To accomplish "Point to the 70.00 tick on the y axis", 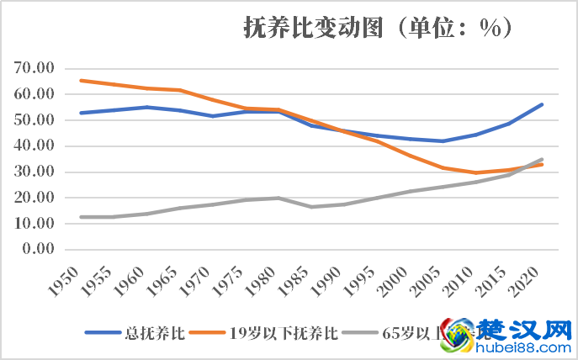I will coord(34,68).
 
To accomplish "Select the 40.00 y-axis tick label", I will coord(34,146).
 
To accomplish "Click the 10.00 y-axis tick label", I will coord(34,224).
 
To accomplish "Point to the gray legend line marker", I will coord(362,333).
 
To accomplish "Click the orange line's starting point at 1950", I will coord(80,81).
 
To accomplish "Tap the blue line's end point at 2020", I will coord(543,104).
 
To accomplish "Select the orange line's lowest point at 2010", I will coord(476,172).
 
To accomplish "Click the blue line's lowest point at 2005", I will coord(443,140).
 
